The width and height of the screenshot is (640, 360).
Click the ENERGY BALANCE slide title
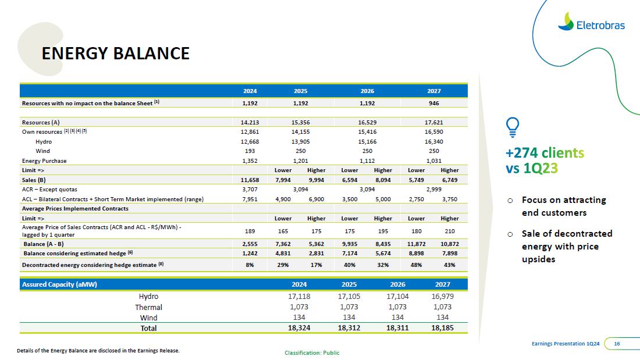tap(115, 54)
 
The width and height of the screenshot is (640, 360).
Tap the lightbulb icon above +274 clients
tap(513, 127)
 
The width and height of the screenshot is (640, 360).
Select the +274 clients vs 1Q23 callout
tap(545, 161)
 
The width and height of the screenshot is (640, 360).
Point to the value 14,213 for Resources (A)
tap(250, 123)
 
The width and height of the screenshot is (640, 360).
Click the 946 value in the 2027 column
tap(433, 103)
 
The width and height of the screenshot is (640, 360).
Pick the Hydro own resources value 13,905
tap(300, 141)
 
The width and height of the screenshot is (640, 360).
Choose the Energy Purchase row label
tap(44, 161)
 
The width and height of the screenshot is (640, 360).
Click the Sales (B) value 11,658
tap(250, 180)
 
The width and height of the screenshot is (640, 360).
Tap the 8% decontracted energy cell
tap(250, 265)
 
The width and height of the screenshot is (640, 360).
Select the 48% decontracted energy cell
tap(416, 265)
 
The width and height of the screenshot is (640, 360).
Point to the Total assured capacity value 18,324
tap(298, 328)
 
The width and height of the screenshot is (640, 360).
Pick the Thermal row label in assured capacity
tap(148, 307)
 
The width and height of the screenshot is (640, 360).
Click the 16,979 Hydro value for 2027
tap(443, 297)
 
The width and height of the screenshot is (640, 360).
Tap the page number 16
tap(617, 344)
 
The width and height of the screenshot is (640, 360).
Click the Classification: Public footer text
tap(312, 352)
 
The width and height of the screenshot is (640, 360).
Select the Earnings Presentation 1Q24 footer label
tap(566, 344)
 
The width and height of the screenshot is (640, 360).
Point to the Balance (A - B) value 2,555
tap(250, 244)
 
